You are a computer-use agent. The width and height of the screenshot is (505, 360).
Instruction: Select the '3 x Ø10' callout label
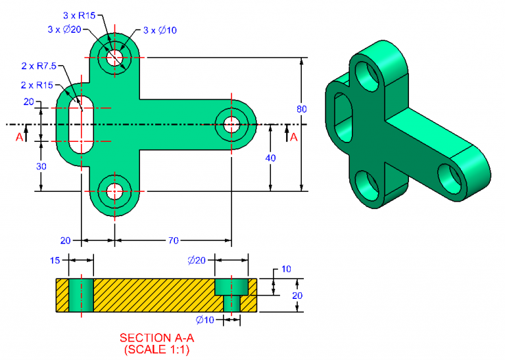(160, 30)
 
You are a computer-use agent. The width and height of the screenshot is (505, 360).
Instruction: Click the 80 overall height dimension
(301, 108)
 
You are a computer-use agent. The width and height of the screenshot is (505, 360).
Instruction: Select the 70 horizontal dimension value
(173, 241)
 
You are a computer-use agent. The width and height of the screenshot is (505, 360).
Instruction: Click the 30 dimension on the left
(41, 166)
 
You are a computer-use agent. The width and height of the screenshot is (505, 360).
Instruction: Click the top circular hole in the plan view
(115, 56)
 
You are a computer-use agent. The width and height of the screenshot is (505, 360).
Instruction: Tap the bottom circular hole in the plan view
(115, 192)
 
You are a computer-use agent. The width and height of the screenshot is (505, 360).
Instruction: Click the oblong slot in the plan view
(80, 124)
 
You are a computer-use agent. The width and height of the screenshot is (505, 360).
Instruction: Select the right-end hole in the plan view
(231, 124)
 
